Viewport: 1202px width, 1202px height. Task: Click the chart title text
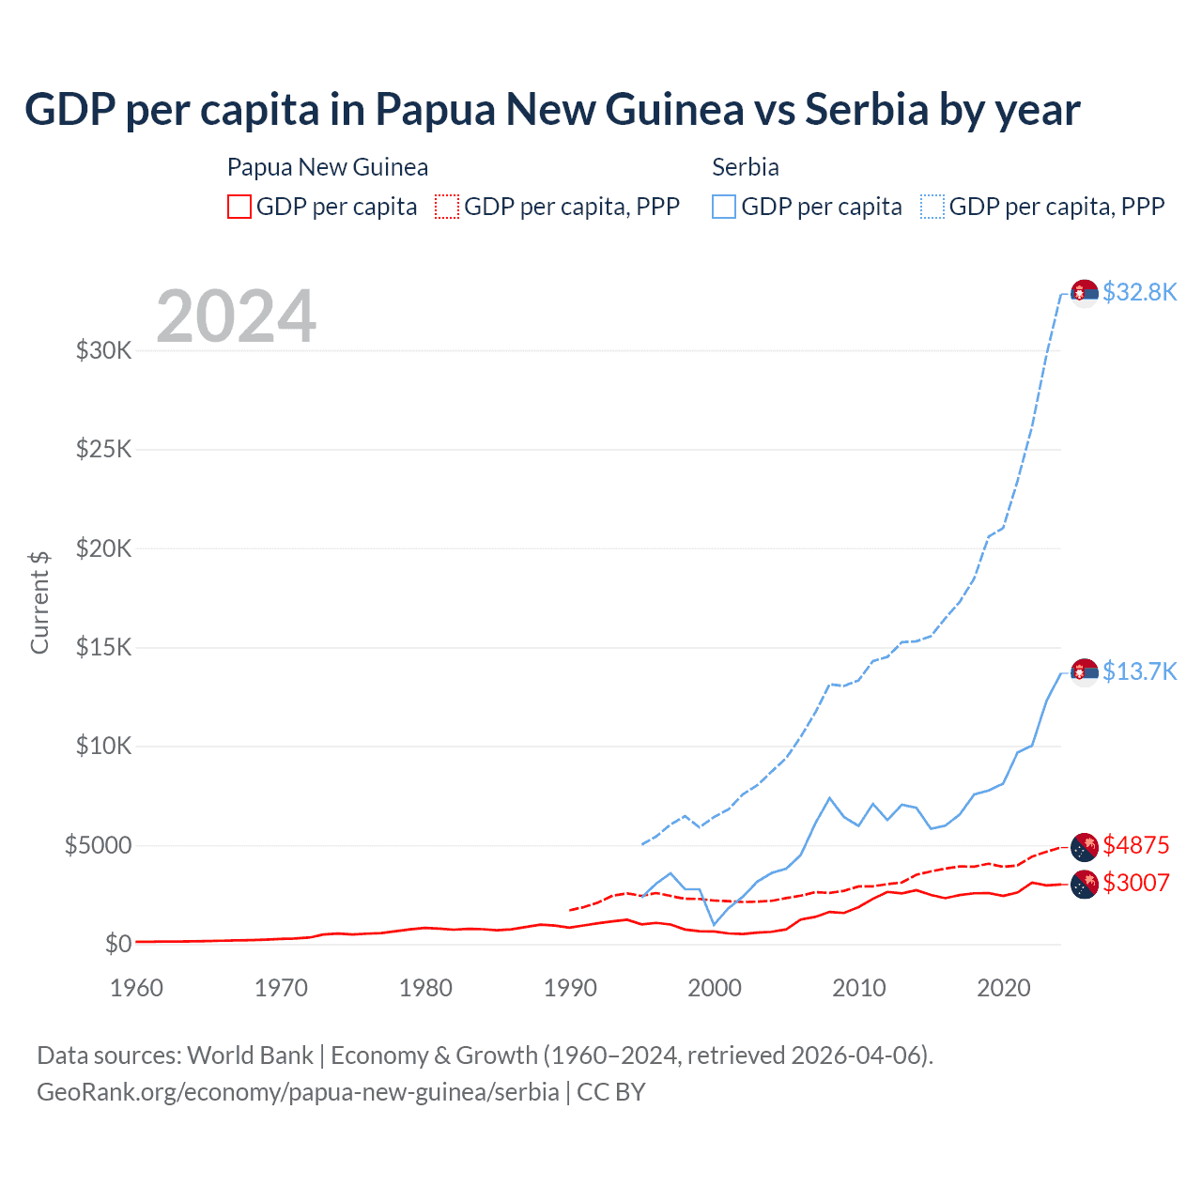(552, 110)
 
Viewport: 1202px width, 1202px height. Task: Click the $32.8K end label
(1139, 292)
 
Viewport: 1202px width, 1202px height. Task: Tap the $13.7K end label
(1139, 671)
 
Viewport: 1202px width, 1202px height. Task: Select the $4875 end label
(1135, 845)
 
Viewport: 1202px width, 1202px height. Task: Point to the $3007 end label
(1135, 883)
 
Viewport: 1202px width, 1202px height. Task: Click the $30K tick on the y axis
(104, 351)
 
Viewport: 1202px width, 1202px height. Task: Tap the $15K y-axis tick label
(104, 647)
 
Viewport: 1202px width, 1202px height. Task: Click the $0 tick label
(117, 944)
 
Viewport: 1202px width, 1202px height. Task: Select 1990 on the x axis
(570, 988)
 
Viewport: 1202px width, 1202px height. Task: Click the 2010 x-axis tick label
(859, 988)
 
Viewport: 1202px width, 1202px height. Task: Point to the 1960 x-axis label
(137, 988)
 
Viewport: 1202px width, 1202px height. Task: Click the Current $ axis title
(39, 602)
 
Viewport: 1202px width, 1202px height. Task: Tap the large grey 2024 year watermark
(236, 316)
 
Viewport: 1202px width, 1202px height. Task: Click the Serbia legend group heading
(746, 167)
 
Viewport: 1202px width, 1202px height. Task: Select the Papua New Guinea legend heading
(328, 167)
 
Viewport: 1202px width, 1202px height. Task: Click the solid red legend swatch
(239, 207)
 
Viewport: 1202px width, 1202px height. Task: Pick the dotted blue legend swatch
(932, 207)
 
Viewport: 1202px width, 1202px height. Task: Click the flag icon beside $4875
(1085, 846)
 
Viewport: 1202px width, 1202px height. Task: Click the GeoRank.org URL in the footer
(298, 1092)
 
